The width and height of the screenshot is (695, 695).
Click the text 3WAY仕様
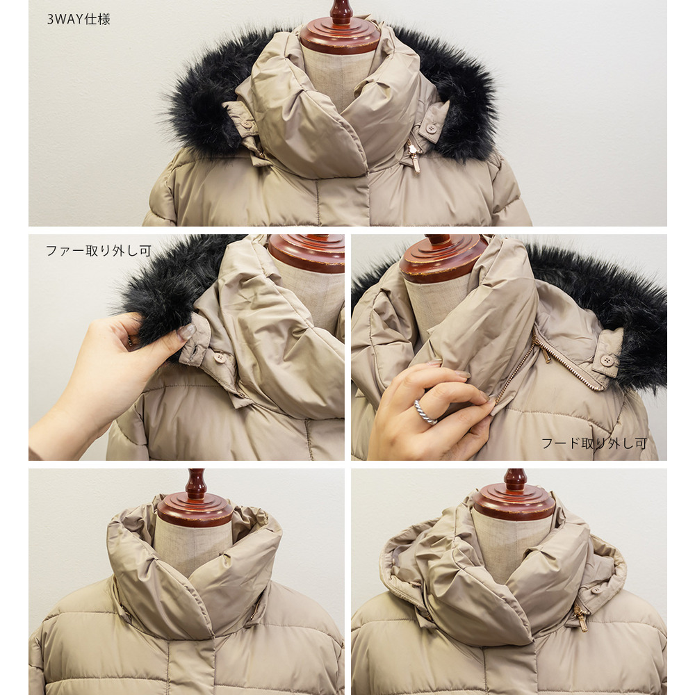[x=79, y=19]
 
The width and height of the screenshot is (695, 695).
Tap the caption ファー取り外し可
[x=99, y=250]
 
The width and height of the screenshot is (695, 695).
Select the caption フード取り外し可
[x=594, y=443]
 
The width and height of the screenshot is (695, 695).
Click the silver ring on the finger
[x=425, y=411]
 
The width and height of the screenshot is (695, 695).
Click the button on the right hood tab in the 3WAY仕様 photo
[x=430, y=129]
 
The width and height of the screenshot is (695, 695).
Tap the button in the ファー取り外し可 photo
[x=219, y=358]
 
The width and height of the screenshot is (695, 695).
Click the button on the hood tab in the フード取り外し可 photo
[x=607, y=360]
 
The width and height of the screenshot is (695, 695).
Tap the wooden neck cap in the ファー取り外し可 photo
[x=306, y=253]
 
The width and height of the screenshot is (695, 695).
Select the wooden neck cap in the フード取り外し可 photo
[x=443, y=259]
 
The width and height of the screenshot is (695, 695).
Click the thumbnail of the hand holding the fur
[x=186, y=347]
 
